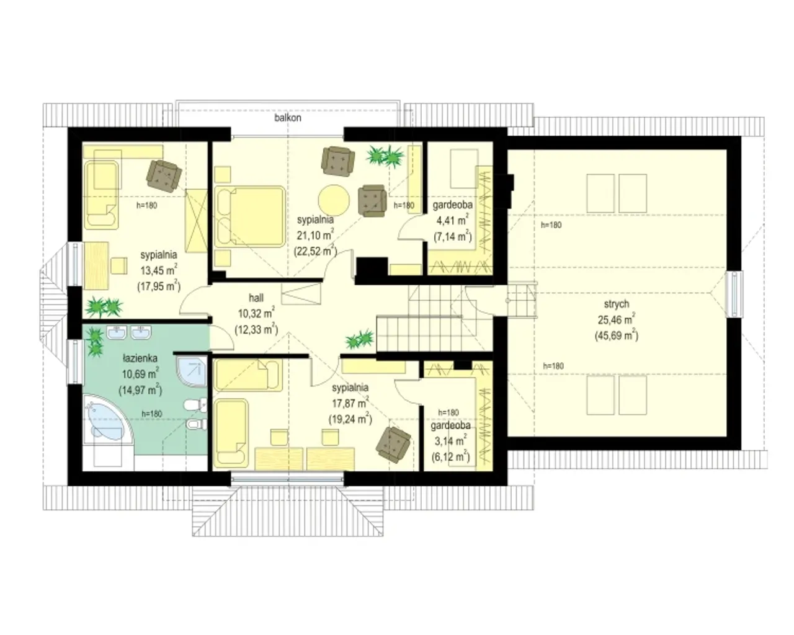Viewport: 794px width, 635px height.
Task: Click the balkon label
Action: click(287, 118)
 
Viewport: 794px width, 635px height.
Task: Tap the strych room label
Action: click(616, 304)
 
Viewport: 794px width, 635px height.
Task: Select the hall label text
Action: click(256, 298)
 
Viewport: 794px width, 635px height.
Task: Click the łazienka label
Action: click(140, 358)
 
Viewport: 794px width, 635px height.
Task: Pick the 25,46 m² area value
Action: click(616, 319)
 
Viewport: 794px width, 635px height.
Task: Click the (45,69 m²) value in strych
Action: click(616, 335)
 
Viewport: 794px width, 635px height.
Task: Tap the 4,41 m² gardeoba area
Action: click(452, 220)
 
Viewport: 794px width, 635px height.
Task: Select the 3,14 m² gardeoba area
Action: click(450, 441)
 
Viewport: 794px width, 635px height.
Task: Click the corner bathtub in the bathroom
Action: click(107, 420)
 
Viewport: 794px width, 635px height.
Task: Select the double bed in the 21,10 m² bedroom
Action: click(250, 216)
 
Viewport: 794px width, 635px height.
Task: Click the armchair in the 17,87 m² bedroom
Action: click(393, 445)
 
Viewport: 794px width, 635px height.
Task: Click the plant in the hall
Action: click(360, 339)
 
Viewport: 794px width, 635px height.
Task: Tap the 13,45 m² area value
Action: click(159, 270)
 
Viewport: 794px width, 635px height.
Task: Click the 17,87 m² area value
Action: click(350, 403)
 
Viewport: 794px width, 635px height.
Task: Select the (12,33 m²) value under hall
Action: click(256, 329)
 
